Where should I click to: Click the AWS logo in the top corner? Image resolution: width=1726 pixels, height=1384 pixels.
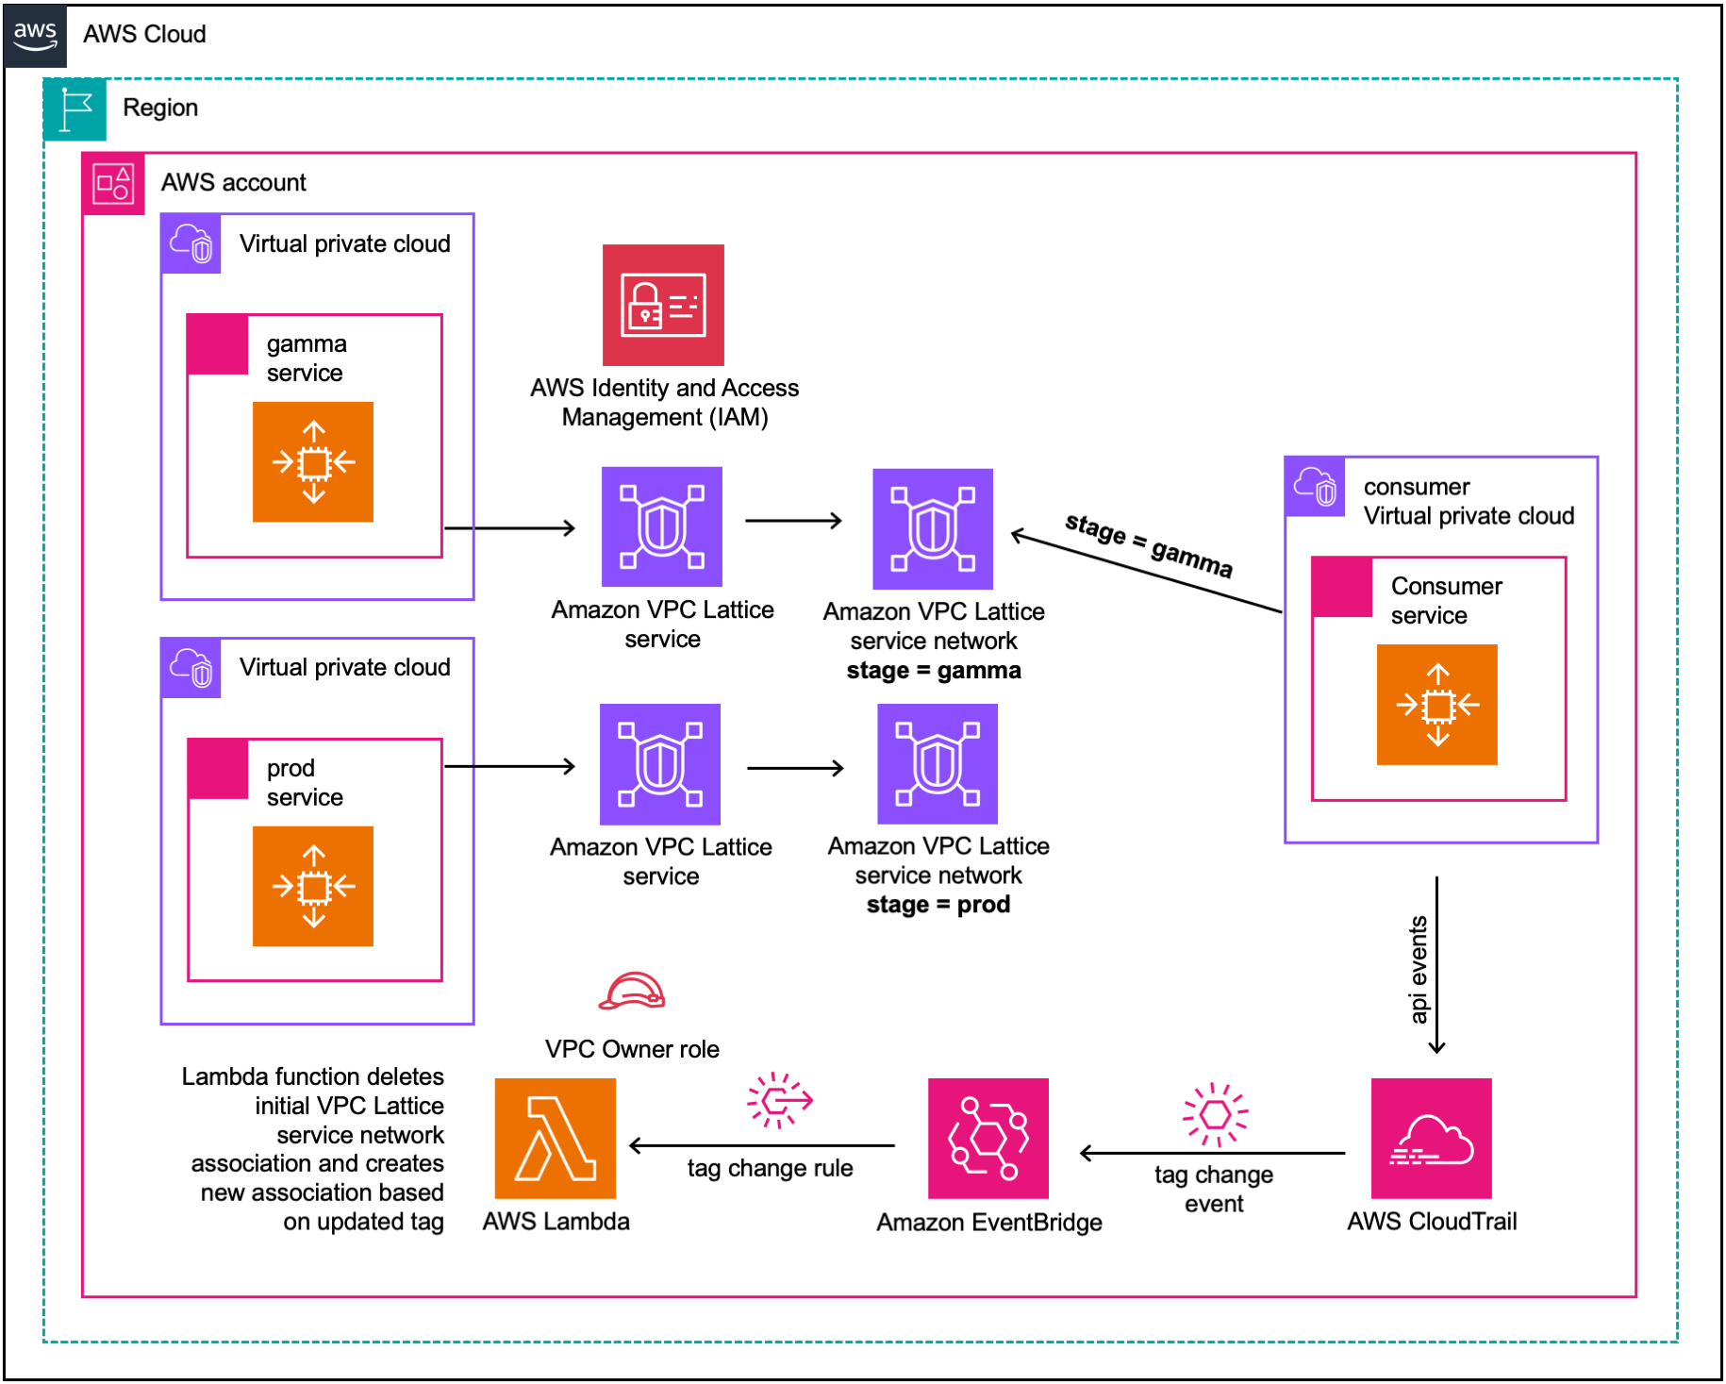(x=35, y=35)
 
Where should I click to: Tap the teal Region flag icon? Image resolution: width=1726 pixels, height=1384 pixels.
(x=75, y=109)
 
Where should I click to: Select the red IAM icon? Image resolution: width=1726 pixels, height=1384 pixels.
(x=663, y=305)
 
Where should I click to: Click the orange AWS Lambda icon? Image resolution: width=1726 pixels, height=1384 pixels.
(x=555, y=1138)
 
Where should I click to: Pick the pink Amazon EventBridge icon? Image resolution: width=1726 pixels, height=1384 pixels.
(x=987, y=1138)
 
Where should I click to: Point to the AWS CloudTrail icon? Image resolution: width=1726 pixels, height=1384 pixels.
(x=1431, y=1138)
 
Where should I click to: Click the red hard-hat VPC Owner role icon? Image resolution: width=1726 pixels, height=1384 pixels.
(x=632, y=992)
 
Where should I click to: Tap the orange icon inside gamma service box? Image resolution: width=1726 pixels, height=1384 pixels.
(x=313, y=461)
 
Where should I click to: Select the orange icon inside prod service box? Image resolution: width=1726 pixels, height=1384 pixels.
(x=313, y=886)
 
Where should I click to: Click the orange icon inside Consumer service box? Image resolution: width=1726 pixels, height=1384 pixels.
(x=1436, y=704)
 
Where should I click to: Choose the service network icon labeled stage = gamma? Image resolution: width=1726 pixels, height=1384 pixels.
(x=932, y=528)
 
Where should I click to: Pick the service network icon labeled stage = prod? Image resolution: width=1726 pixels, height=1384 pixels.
(x=937, y=763)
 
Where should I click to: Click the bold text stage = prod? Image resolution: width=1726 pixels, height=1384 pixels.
(x=938, y=905)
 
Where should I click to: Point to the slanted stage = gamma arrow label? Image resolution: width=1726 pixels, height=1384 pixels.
(x=1148, y=545)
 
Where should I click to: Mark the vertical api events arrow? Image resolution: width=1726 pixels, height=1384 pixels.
(x=1436, y=964)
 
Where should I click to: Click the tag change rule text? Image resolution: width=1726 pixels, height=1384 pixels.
(x=770, y=1168)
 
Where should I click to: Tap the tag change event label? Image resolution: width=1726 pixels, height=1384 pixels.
(x=1214, y=1189)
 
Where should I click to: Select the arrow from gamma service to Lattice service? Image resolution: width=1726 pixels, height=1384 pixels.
(x=509, y=528)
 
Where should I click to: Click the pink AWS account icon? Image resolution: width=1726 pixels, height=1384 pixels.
(x=113, y=183)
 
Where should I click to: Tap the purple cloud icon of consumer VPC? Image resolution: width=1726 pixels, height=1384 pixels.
(x=1315, y=487)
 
